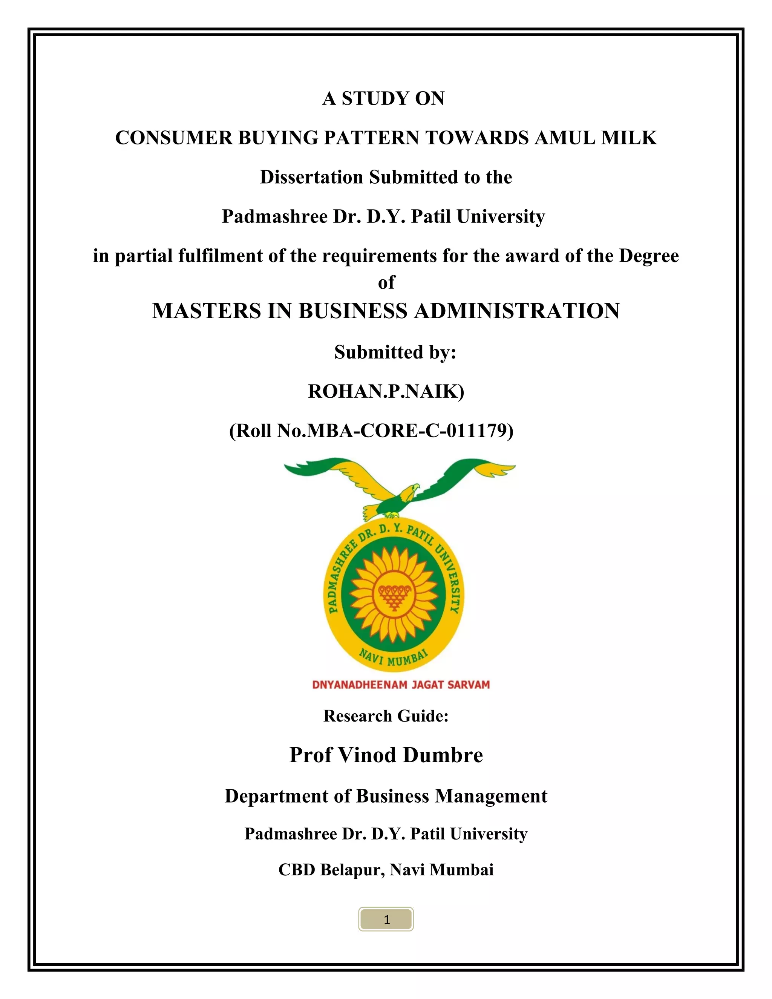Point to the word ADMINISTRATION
517,311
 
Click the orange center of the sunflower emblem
393,594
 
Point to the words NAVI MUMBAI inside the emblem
393,658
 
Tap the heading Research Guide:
386,716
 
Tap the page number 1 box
386,919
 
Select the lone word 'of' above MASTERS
386,283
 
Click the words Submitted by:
395,352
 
